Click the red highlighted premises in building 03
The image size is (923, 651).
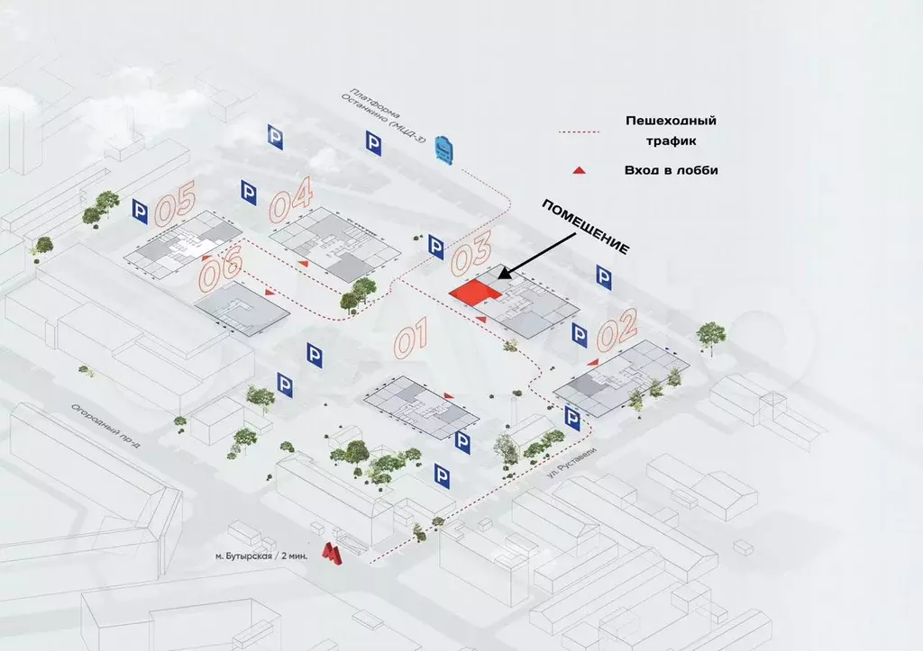(x=475, y=292)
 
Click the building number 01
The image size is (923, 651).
(x=410, y=340)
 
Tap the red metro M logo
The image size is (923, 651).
(x=333, y=555)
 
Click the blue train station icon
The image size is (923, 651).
(x=444, y=149)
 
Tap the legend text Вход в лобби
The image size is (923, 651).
(x=671, y=169)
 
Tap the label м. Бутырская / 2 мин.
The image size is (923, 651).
(x=261, y=556)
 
